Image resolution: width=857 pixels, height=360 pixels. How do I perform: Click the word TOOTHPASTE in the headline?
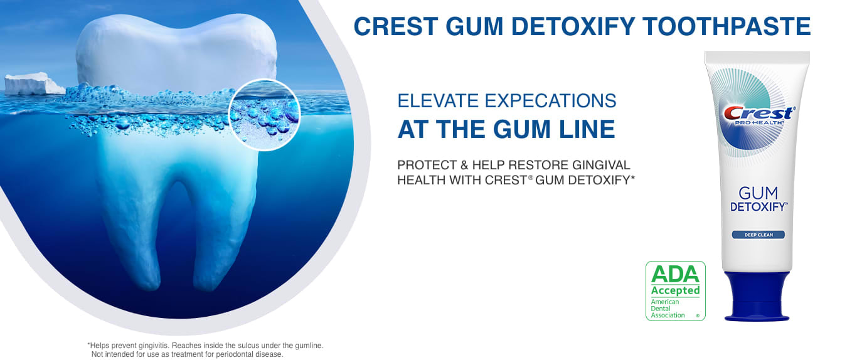point(727,26)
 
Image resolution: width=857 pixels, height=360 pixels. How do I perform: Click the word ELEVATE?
point(439,101)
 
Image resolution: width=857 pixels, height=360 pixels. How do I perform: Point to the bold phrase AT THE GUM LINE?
point(506,129)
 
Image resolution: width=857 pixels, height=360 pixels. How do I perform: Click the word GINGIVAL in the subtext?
point(601,165)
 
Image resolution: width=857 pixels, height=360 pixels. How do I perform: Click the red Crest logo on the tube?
point(759,113)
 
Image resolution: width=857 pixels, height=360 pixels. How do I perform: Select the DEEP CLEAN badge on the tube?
point(759,235)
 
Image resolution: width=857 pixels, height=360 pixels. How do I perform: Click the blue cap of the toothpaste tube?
point(757,297)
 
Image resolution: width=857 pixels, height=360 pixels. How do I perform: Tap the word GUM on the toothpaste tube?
point(758,193)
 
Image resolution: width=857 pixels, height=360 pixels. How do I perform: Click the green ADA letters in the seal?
point(675,274)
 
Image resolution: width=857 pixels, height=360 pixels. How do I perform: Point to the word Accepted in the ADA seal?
point(675,291)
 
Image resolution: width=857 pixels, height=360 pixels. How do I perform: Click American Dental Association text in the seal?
point(668,309)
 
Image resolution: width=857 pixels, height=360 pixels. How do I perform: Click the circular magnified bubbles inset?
point(264,115)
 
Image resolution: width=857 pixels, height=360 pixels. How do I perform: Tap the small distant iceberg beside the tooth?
point(34,84)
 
